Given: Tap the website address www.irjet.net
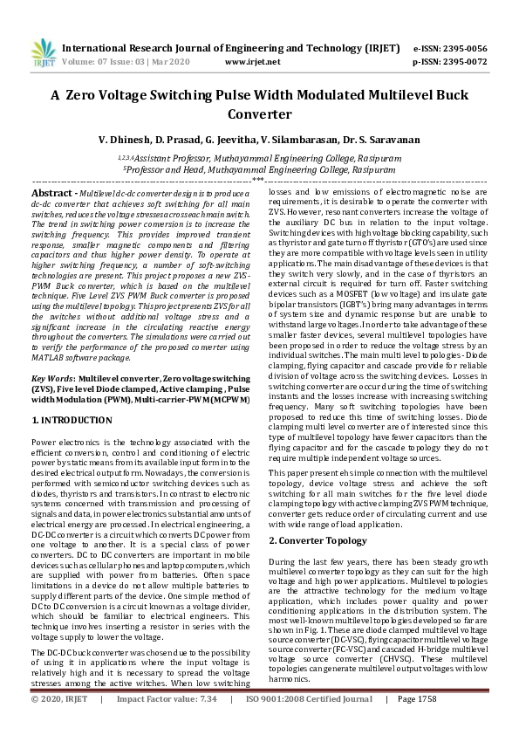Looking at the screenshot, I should pos(246,63).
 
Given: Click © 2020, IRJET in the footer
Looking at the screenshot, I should pos(60,724).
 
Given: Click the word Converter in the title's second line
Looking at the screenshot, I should pos(259,113).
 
